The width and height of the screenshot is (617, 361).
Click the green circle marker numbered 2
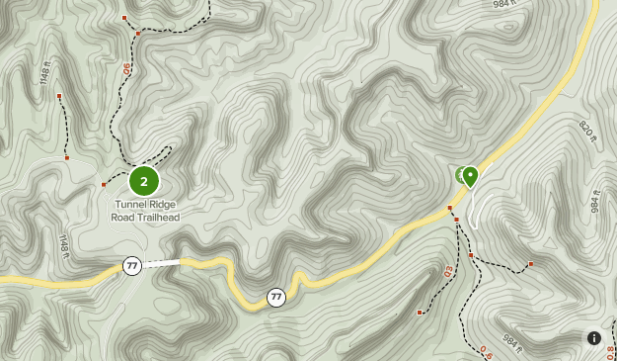pos(144,181)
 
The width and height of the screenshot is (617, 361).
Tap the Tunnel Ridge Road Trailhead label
pos(145,211)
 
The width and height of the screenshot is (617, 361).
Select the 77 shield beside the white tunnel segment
pos(132,265)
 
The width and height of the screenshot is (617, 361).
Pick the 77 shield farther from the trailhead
pos(275,296)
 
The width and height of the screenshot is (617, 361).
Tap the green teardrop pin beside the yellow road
pos(471,176)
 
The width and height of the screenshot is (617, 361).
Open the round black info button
pos(594,338)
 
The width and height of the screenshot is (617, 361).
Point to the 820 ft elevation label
pos(588,132)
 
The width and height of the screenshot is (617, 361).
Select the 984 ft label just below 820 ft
pos(595,201)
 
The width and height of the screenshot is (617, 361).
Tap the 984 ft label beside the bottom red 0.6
pos(511,342)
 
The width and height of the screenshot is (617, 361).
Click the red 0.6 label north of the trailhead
pos(126,70)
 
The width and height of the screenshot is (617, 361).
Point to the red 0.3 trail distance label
pos(447,270)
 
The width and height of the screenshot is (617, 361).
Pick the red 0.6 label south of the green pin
pos(486,350)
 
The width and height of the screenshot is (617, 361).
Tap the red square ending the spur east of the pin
pos(530,264)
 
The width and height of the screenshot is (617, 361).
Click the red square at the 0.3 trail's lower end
pos(420,313)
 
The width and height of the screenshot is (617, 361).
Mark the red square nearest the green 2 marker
pos(104,185)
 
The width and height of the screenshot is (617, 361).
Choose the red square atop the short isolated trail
pos(59,96)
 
